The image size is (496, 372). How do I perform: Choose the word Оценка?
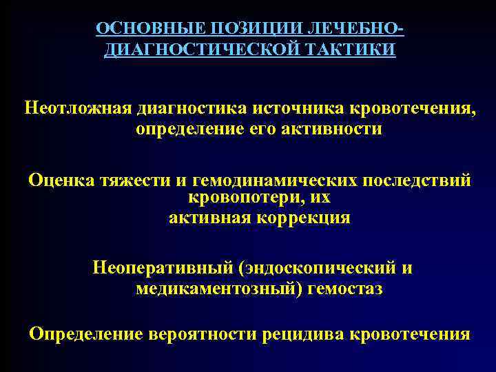62,180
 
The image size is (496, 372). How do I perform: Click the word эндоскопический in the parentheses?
316,268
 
